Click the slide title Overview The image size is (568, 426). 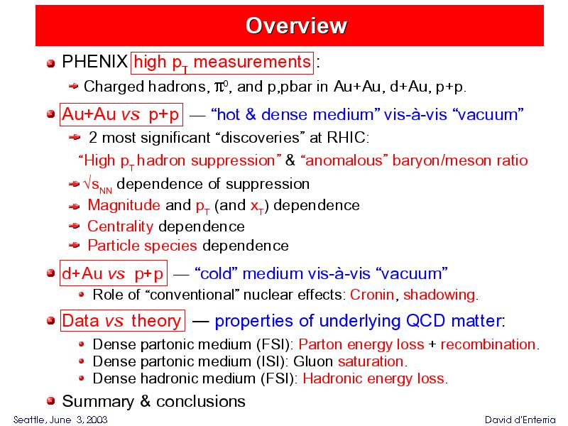point(296,26)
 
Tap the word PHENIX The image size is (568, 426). point(94,62)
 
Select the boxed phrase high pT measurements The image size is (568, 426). point(222,63)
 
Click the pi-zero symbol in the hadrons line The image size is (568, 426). point(221,87)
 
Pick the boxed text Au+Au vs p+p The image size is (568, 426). point(121,115)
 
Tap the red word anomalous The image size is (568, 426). point(344,160)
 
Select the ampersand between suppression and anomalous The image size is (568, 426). point(290,160)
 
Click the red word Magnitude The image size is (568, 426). point(124,205)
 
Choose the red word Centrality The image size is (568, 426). point(120,226)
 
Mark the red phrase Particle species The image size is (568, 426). point(143,246)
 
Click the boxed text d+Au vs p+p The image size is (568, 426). point(114,273)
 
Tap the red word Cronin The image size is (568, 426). point(372,295)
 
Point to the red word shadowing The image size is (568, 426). point(439,295)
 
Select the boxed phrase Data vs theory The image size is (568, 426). point(122,321)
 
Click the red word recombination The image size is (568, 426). point(488,344)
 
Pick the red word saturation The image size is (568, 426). point(371,361)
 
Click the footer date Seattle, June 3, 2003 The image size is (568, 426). point(60,420)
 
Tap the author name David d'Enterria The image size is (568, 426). point(520,420)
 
